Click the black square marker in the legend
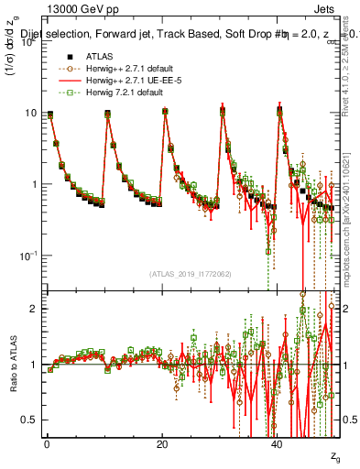(66, 54)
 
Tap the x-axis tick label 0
(46, 444)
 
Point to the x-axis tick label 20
(162, 444)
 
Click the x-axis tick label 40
(278, 444)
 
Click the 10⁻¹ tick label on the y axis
(29, 255)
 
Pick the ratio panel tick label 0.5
(30, 420)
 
